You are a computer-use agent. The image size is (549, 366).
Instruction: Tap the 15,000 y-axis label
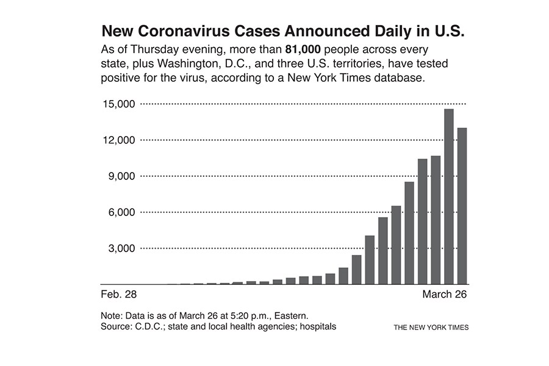[x=117, y=104]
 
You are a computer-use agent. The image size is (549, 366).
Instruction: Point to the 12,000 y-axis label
[x=117, y=140]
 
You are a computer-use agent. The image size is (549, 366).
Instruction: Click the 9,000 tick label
[x=120, y=176]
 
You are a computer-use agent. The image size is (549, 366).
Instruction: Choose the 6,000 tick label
[x=120, y=212]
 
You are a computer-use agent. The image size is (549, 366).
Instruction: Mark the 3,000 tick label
[x=120, y=248]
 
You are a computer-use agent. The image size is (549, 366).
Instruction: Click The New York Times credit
[x=431, y=328]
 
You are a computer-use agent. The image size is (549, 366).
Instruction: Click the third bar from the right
[x=436, y=220]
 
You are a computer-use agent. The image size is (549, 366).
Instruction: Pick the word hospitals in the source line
[x=315, y=327]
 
